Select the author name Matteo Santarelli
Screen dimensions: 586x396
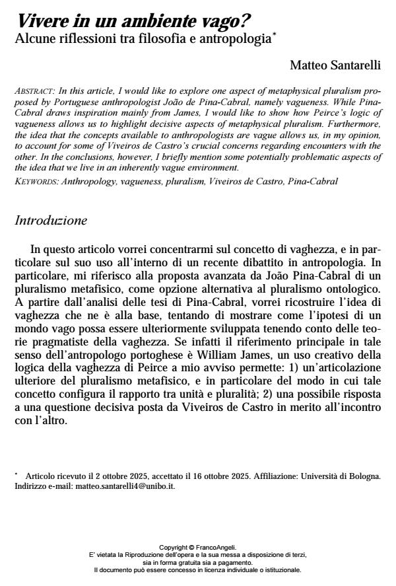pyautogui.click(x=336, y=65)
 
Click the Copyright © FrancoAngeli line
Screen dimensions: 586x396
pyautogui.click(x=197, y=547)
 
